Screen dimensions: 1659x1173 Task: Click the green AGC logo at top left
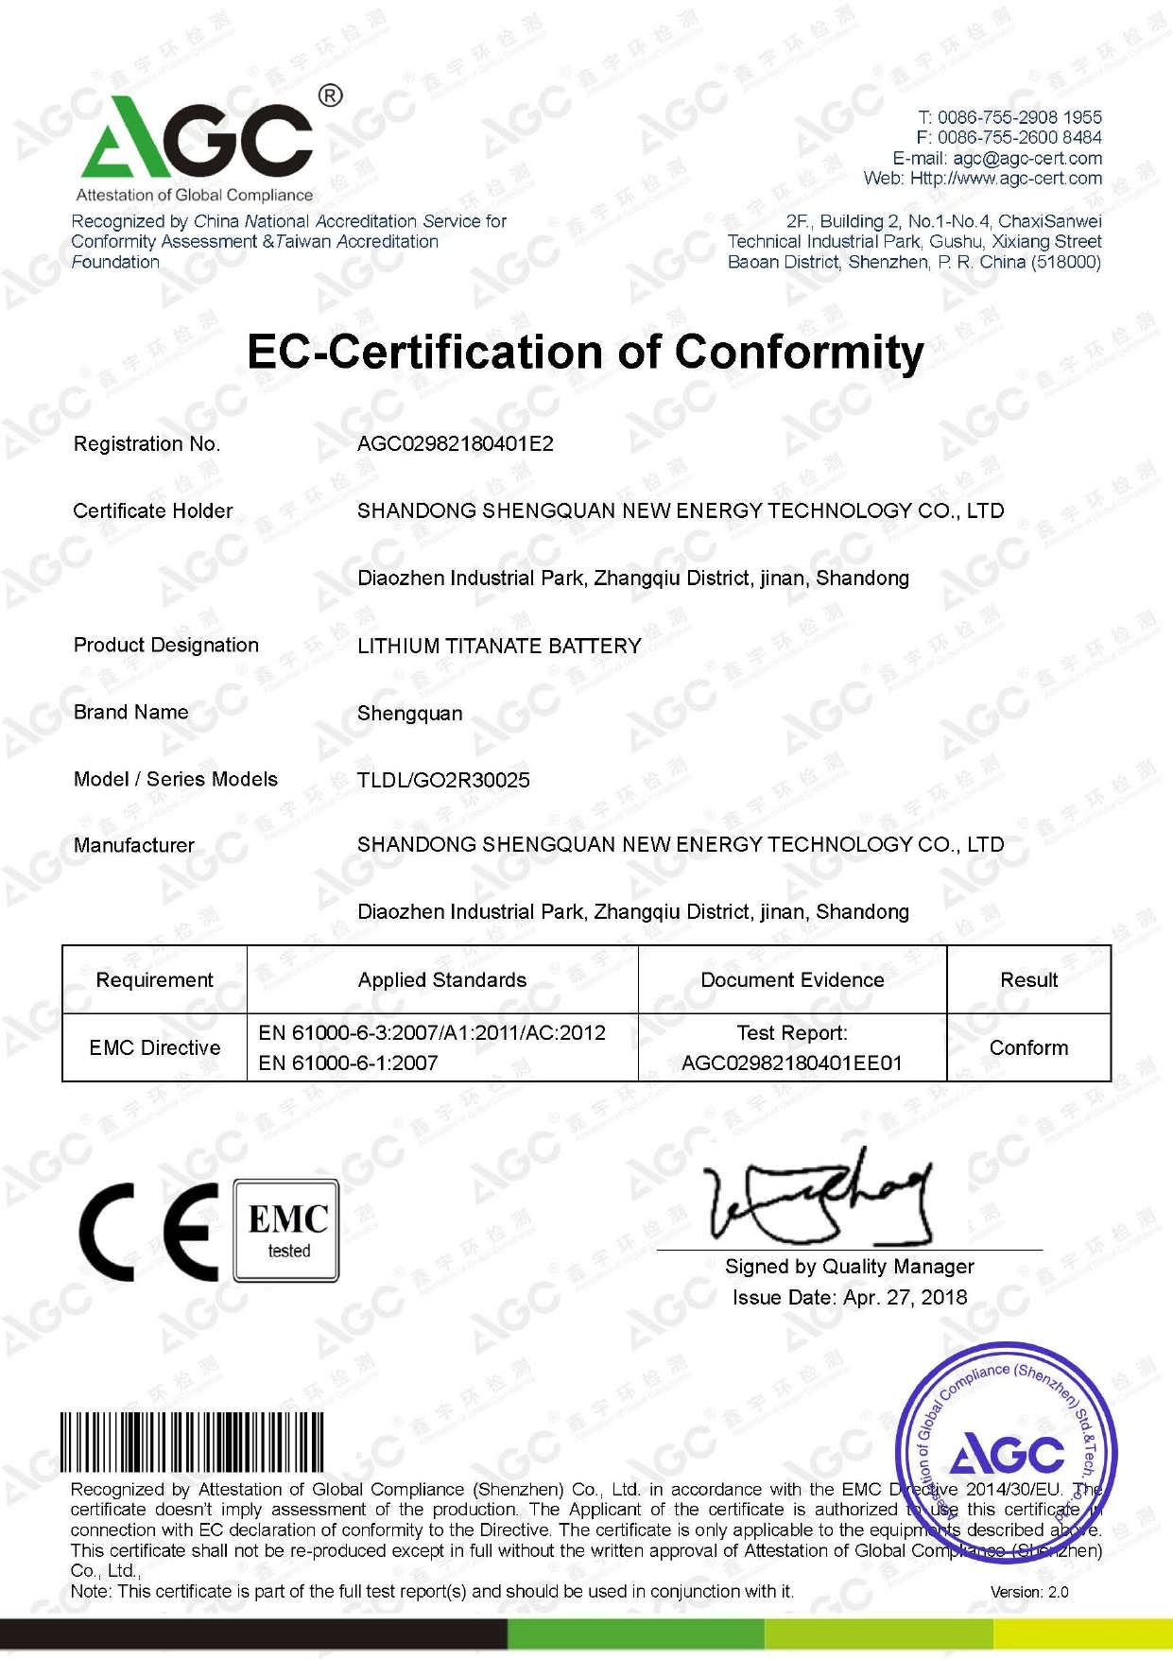point(197,142)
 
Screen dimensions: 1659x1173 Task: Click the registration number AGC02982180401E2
point(455,444)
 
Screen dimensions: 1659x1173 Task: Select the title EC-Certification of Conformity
point(585,352)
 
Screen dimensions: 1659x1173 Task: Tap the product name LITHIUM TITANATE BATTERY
point(499,647)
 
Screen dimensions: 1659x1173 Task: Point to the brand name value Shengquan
point(409,714)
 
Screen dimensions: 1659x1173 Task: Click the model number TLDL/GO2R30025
point(443,781)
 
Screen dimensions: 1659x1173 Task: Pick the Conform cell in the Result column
point(1028,1047)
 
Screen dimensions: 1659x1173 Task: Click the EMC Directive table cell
point(155,1047)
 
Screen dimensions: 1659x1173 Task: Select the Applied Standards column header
point(442,980)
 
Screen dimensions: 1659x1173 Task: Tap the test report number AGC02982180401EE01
point(792,1063)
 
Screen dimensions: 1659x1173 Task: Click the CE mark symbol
point(149,1232)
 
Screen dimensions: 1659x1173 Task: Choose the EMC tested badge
point(287,1231)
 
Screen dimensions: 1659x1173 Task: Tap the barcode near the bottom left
point(192,1443)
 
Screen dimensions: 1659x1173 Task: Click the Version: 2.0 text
point(1028,1592)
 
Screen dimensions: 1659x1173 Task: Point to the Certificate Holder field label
point(153,511)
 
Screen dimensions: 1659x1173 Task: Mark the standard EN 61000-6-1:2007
point(348,1063)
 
